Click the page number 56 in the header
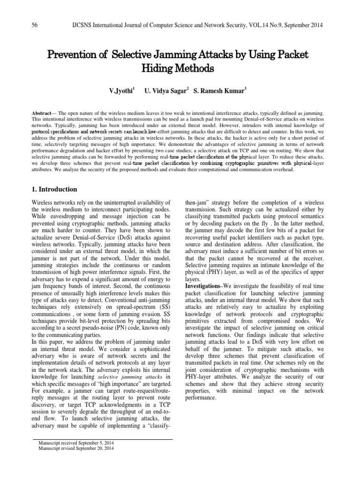point(34,24)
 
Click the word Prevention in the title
point(72,55)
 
